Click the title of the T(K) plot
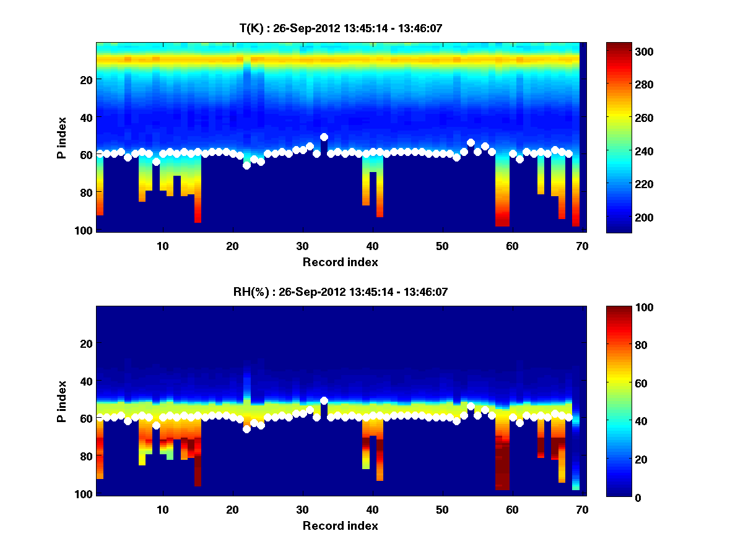coord(340,28)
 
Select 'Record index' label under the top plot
coord(340,262)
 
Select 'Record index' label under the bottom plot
coord(340,525)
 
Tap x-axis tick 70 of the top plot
coord(581,246)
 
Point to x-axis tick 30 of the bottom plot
coord(302,509)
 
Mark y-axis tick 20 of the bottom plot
coord(87,343)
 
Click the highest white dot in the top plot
coord(324,137)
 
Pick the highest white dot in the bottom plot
coord(324,400)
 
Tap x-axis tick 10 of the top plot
coord(162,246)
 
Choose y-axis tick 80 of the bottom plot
coord(87,456)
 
